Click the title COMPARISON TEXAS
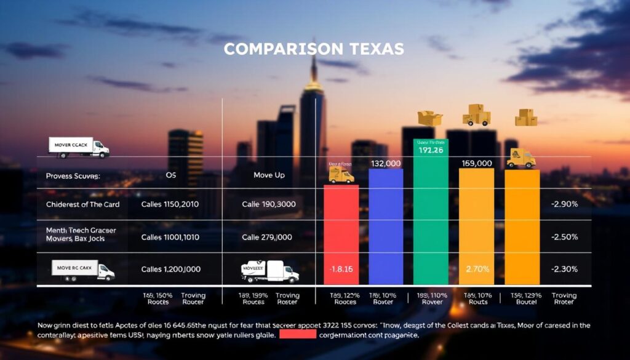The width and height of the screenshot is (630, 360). tap(314, 49)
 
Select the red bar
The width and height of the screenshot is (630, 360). tap(341, 234)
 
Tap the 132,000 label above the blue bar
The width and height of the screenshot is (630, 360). tap(386, 163)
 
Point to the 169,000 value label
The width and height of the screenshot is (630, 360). tap(476, 163)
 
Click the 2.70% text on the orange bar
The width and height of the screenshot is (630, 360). tap(477, 268)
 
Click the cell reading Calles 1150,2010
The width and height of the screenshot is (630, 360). tap(170, 204)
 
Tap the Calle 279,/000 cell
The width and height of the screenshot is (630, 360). tap(267, 237)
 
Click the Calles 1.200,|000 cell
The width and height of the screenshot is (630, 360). tap(170, 269)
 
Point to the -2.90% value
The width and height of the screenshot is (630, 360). tap(564, 204)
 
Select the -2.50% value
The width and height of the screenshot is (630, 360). tap(564, 237)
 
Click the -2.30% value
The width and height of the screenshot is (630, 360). tap(564, 269)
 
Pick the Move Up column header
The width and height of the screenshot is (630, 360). tap(269, 175)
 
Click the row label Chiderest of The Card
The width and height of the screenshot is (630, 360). tap(82, 204)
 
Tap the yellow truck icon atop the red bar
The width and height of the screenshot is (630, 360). tap(341, 175)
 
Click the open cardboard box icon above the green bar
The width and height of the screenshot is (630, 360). tap(430, 118)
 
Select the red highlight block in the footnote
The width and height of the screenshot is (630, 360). tap(298, 335)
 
